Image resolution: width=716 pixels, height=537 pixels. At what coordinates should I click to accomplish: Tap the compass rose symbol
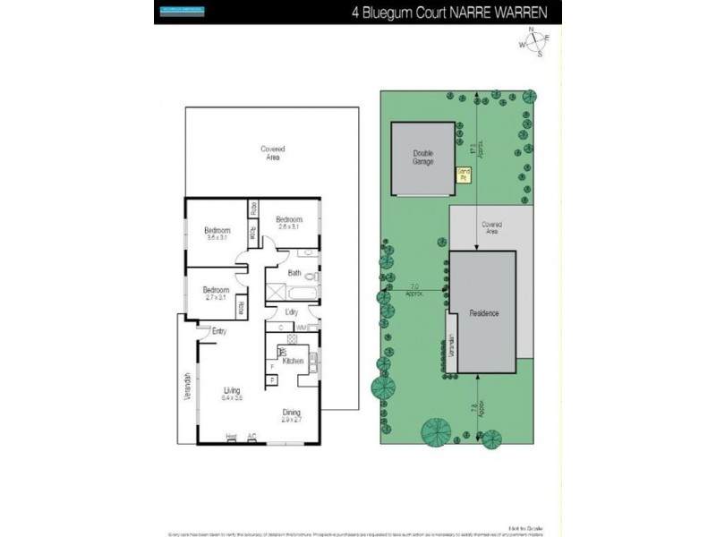point(535,42)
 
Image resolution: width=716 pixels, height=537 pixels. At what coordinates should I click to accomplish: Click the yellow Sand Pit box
point(464,175)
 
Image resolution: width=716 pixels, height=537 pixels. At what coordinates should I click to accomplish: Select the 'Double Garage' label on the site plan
point(423,158)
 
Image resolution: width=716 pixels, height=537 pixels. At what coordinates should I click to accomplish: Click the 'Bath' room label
point(294,273)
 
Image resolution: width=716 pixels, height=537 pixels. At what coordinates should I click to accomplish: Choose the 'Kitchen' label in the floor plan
point(294,361)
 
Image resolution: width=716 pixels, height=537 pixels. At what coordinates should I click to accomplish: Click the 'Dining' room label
point(292,414)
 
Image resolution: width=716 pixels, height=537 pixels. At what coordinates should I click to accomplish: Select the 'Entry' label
point(219,331)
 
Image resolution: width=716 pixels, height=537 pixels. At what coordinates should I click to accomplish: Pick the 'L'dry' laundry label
point(292,312)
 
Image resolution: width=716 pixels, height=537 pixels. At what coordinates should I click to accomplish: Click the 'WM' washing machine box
point(303,328)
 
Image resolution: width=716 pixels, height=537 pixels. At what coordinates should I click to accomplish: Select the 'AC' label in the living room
point(252,437)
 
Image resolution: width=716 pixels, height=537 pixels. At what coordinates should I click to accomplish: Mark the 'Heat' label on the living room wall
point(231,437)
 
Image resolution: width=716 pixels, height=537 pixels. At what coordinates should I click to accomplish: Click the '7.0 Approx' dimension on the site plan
point(414,289)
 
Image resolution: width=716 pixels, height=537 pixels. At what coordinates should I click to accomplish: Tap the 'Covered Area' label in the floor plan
point(272,153)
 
